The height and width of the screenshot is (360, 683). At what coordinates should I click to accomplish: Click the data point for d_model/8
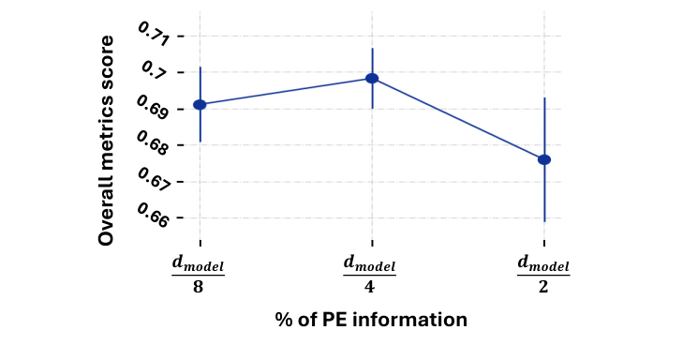click(200, 104)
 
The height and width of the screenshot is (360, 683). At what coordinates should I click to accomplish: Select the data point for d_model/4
click(372, 79)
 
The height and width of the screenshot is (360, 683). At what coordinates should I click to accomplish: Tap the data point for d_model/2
click(544, 159)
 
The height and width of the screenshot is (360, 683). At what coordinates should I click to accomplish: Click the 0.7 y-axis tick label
click(156, 70)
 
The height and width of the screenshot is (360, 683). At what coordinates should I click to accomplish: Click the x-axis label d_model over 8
click(199, 273)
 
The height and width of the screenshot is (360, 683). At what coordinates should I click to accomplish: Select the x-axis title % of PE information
click(371, 320)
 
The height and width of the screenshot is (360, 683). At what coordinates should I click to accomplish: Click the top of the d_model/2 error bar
click(544, 97)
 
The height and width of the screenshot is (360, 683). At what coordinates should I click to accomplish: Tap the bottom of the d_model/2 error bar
click(544, 221)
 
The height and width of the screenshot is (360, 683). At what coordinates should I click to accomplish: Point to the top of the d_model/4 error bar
click(372, 49)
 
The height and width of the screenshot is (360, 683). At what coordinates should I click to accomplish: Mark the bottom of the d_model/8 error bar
click(200, 142)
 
